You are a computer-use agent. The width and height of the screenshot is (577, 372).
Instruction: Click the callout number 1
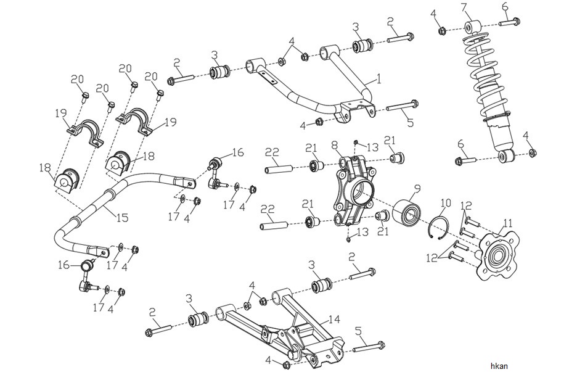(378, 78)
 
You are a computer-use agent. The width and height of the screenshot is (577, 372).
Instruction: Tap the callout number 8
(334, 145)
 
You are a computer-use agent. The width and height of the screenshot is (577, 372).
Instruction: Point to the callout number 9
(417, 189)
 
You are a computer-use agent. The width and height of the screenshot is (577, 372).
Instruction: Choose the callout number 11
(508, 223)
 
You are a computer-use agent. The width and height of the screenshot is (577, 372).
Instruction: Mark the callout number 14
(335, 320)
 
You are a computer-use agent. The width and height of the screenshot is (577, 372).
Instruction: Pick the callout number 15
(123, 217)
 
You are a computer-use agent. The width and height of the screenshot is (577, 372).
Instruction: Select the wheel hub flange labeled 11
(498, 255)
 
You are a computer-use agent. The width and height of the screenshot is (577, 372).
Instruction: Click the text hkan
(499, 366)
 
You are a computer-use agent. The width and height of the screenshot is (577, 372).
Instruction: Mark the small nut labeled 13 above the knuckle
(356, 142)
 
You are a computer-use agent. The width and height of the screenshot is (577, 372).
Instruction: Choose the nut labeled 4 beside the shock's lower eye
(532, 153)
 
